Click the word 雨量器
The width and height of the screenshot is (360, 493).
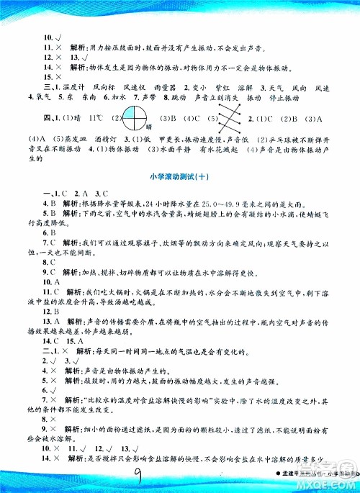click(x=163, y=86)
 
